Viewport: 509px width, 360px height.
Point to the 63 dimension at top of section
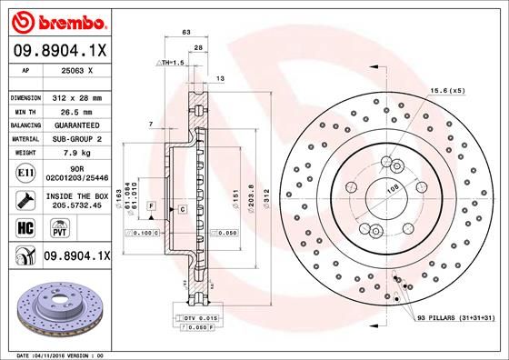[x=186, y=32]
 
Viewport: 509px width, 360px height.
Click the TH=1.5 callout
[x=171, y=62]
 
